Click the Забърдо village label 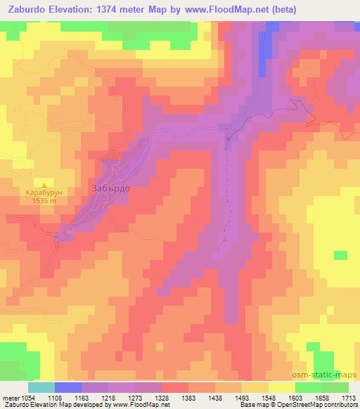110,188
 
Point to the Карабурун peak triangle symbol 44,181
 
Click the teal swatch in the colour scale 41,387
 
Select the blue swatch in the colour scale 68,387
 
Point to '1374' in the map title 106,10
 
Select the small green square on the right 340,254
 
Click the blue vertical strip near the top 264,53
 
